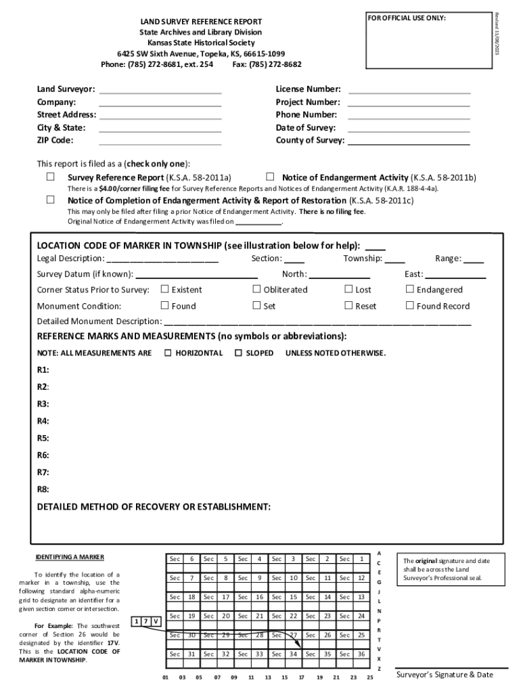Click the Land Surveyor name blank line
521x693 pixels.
pyautogui.click(x=160, y=90)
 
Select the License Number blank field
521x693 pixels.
pyautogui.click(x=409, y=90)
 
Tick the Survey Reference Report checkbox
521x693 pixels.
pyautogui.click(x=50, y=177)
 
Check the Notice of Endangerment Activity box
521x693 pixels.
pyautogui.click(x=270, y=177)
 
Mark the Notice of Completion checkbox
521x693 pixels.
pyautogui.click(x=50, y=200)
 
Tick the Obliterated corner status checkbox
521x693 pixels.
pyautogui.click(x=256, y=289)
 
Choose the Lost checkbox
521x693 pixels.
pyautogui.click(x=348, y=289)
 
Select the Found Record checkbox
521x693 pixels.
pyautogui.click(x=409, y=305)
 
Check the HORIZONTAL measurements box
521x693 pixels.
pyautogui.click(x=168, y=353)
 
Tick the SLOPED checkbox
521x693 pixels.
pyautogui.click(x=238, y=353)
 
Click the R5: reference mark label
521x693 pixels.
pyautogui.click(x=43, y=438)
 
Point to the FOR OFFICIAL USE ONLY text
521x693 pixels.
pyautogui.click(x=407, y=18)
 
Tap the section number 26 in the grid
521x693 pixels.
pyautogui.click(x=327, y=635)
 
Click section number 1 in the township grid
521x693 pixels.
pyautogui.click(x=362, y=559)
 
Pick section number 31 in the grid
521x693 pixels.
pyautogui.click(x=191, y=654)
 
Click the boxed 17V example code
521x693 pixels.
pyautogui.click(x=147, y=621)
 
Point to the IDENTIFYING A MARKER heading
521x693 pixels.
pyautogui.click(x=70, y=557)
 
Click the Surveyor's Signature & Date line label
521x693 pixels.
pyautogui.click(x=445, y=675)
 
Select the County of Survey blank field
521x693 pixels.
pyautogui.click(x=409, y=141)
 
